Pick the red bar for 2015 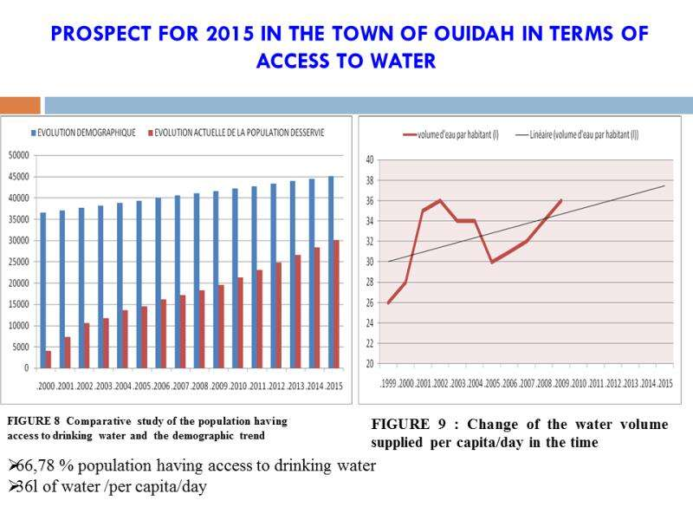tap(337, 303)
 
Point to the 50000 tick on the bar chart tap(17, 156)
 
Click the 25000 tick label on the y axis tap(17, 262)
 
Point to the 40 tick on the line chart tap(370, 159)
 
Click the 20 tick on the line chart tap(370, 364)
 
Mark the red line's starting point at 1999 tap(388, 302)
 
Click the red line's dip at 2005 tap(492, 262)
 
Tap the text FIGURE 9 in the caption tap(406, 425)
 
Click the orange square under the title tap(20, 105)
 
